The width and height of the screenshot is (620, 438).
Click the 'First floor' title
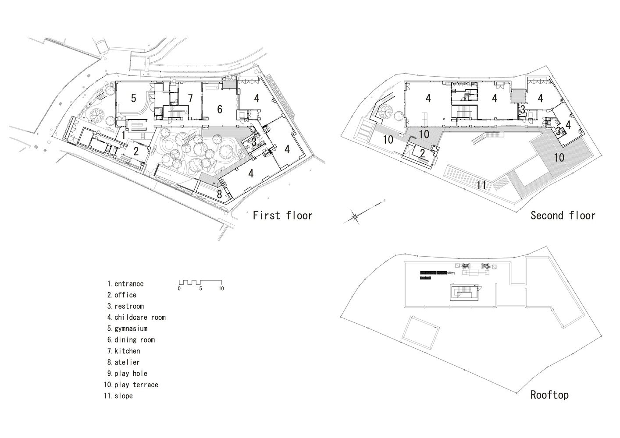click(282, 215)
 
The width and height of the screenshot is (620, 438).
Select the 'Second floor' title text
click(563, 215)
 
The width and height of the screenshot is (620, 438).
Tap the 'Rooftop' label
click(549, 395)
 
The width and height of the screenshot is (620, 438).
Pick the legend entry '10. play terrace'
click(131, 385)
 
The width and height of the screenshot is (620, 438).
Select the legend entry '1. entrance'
click(125, 284)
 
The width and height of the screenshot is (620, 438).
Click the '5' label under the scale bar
click(200, 289)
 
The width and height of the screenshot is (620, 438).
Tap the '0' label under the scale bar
click(179, 289)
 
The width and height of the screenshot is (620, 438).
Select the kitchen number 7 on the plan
click(190, 99)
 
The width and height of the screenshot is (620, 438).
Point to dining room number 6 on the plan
click(220, 109)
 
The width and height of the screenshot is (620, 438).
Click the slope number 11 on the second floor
click(481, 185)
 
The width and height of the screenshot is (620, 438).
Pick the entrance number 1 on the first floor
click(124, 136)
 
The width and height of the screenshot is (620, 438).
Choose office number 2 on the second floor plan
click(422, 153)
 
